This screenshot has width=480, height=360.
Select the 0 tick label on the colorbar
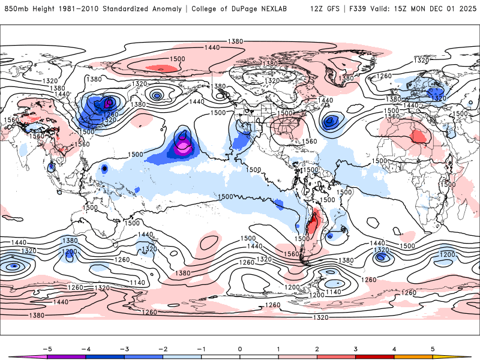point(239,349)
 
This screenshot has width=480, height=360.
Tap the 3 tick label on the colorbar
point(356,349)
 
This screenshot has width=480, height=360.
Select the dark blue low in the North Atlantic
point(329,122)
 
